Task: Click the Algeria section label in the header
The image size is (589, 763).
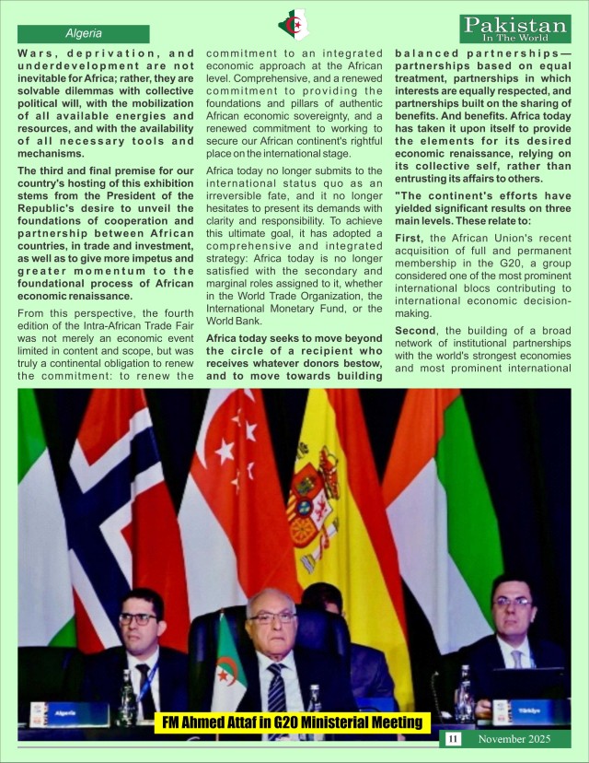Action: (84, 33)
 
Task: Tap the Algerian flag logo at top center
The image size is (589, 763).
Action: (294, 25)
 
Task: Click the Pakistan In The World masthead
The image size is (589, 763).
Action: (517, 28)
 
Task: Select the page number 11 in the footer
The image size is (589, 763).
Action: (453, 739)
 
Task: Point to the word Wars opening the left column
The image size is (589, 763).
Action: (35, 53)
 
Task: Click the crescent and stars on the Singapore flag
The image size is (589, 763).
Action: (229, 442)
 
